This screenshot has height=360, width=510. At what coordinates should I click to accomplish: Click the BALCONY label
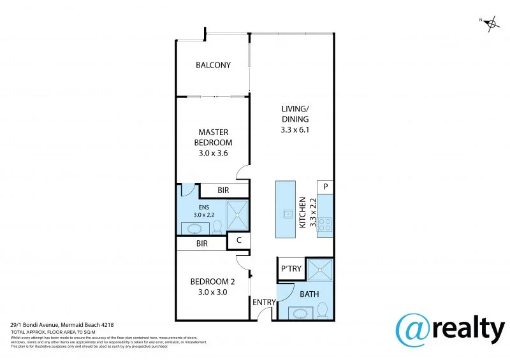coord(213,65)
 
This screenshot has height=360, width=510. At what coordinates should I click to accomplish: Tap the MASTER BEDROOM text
coord(213,138)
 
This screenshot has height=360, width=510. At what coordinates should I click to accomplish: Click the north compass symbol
coord(491,25)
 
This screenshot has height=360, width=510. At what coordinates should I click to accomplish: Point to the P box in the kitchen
coord(325,187)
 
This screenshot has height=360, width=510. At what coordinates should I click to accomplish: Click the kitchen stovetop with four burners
coord(324,224)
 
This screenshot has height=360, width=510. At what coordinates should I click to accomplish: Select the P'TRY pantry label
coord(291,269)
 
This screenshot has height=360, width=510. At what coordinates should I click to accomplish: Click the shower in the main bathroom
coord(319,270)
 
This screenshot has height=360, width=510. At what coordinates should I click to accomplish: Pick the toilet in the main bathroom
coord(322,310)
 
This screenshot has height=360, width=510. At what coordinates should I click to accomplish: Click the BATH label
coord(309,294)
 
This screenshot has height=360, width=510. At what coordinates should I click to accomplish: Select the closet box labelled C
coord(238,240)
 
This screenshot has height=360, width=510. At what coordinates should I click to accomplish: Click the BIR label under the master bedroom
coord(223,191)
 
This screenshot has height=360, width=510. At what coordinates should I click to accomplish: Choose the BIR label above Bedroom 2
coord(201,243)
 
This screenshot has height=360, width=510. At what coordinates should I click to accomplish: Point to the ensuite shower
coord(237,215)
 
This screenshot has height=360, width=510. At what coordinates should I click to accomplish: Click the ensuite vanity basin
coord(193,227)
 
